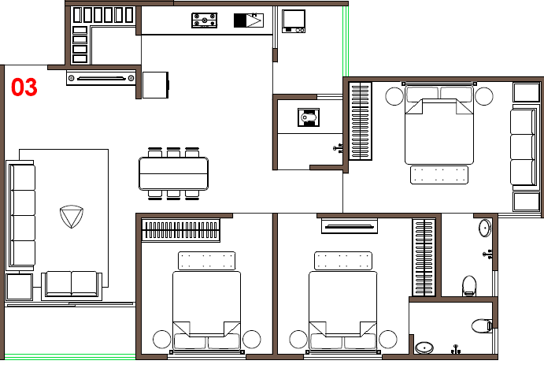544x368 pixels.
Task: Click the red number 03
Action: (x=24, y=87)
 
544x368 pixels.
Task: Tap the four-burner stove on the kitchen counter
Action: (x=205, y=20)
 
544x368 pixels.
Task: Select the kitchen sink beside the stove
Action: (x=249, y=20)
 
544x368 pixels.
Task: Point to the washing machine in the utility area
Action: (x=294, y=21)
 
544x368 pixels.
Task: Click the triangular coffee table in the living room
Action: (x=72, y=216)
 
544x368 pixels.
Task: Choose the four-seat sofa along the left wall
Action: (x=20, y=216)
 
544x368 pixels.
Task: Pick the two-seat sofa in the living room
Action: (x=72, y=286)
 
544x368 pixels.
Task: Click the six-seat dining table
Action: (x=173, y=173)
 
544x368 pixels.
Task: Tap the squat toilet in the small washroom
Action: (x=309, y=117)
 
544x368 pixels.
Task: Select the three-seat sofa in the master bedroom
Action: (x=524, y=147)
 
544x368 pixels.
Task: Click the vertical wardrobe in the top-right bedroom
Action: (x=360, y=121)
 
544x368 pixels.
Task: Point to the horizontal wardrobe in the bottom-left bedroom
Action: (x=181, y=230)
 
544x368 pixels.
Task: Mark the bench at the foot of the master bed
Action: (x=439, y=175)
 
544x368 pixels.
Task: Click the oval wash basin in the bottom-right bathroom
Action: (x=424, y=348)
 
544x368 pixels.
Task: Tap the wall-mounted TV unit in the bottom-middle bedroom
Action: (x=350, y=226)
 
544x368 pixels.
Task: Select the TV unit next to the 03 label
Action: (x=101, y=78)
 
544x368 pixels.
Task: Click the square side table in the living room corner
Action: (x=20, y=287)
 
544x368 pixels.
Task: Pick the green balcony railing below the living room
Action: (x=70, y=356)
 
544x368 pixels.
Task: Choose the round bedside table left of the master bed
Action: (x=394, y=96)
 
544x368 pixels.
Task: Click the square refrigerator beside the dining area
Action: (x=155, y=85)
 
